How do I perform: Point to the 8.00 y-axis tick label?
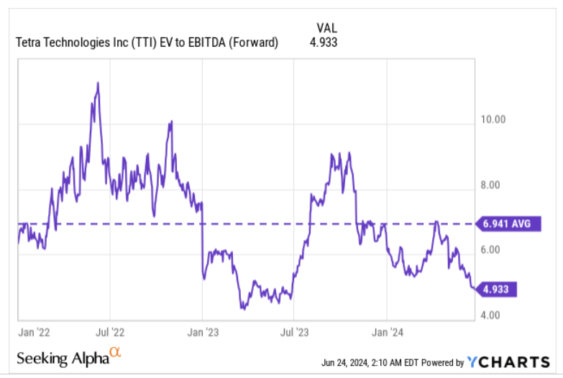[493, 185]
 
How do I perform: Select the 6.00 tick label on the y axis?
[493, 250]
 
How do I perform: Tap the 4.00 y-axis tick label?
[493, 315]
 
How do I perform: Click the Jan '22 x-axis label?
[33, 332]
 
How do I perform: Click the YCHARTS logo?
[508, 361]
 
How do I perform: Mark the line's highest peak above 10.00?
[97, 83]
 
